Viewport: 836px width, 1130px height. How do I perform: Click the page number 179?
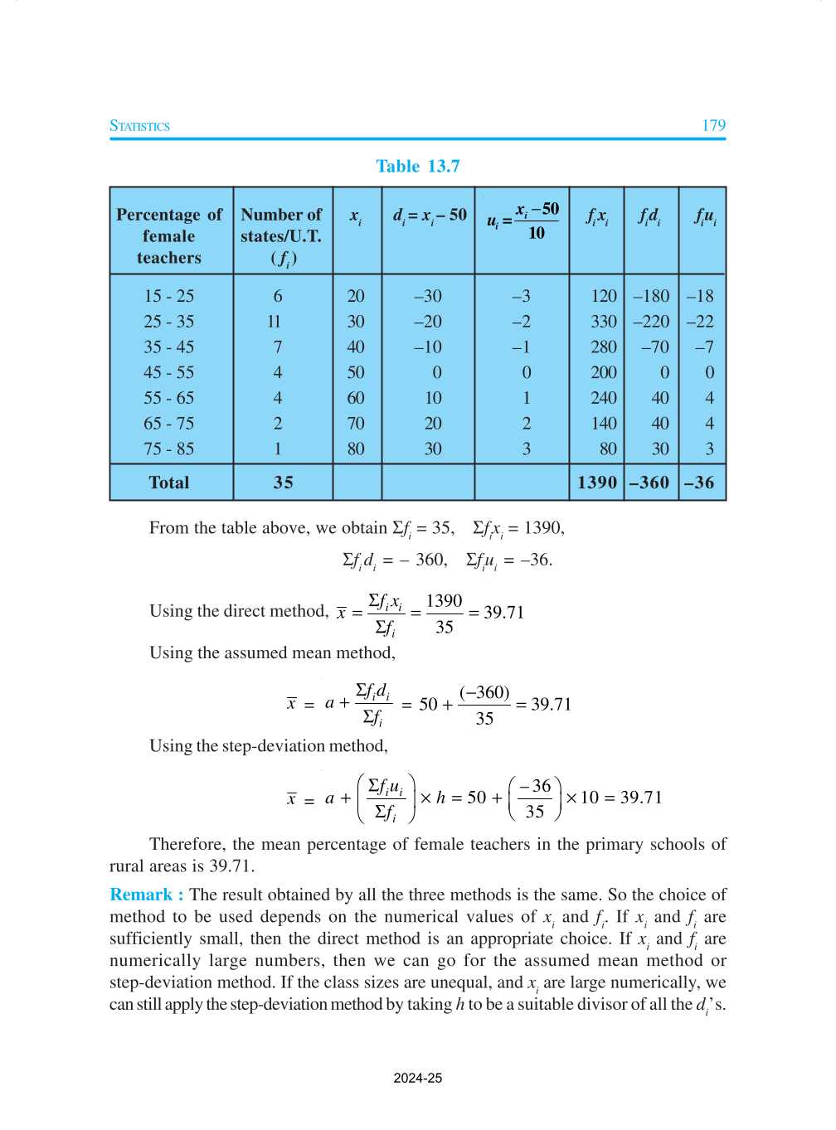tap(713, 125)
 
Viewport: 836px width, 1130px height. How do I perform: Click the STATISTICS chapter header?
tap(139, 126)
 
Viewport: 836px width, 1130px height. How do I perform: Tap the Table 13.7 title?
tap(417, 166)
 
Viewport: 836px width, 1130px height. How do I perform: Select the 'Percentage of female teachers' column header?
tap(169, 235)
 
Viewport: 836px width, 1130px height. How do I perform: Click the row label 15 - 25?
tap(168, 296)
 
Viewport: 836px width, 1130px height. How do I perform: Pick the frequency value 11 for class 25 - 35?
tap(275, 322)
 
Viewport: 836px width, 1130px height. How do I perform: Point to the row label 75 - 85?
tap(168, 449)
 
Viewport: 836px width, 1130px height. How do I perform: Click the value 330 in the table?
tap(603, 322)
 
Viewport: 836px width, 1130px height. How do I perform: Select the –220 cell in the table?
tap(651, 322)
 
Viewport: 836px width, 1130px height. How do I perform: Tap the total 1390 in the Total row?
tap(597, 483)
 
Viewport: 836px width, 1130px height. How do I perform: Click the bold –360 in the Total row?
tap(649, 483)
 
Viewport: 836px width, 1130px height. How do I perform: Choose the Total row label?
tap(169, 483)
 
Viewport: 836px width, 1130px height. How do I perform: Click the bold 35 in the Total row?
tap(283, 483)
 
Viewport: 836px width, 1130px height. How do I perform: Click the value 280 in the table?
tap(603, 347)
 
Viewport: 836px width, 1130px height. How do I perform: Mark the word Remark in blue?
tap(141, 895)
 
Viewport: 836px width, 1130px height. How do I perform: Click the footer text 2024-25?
tap(417, 1078)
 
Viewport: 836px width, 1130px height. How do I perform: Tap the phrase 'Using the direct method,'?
tap(239, 611)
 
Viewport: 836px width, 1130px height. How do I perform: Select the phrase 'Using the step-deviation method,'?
tap(268, 745)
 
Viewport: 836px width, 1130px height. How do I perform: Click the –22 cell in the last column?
tap(700, 322)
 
